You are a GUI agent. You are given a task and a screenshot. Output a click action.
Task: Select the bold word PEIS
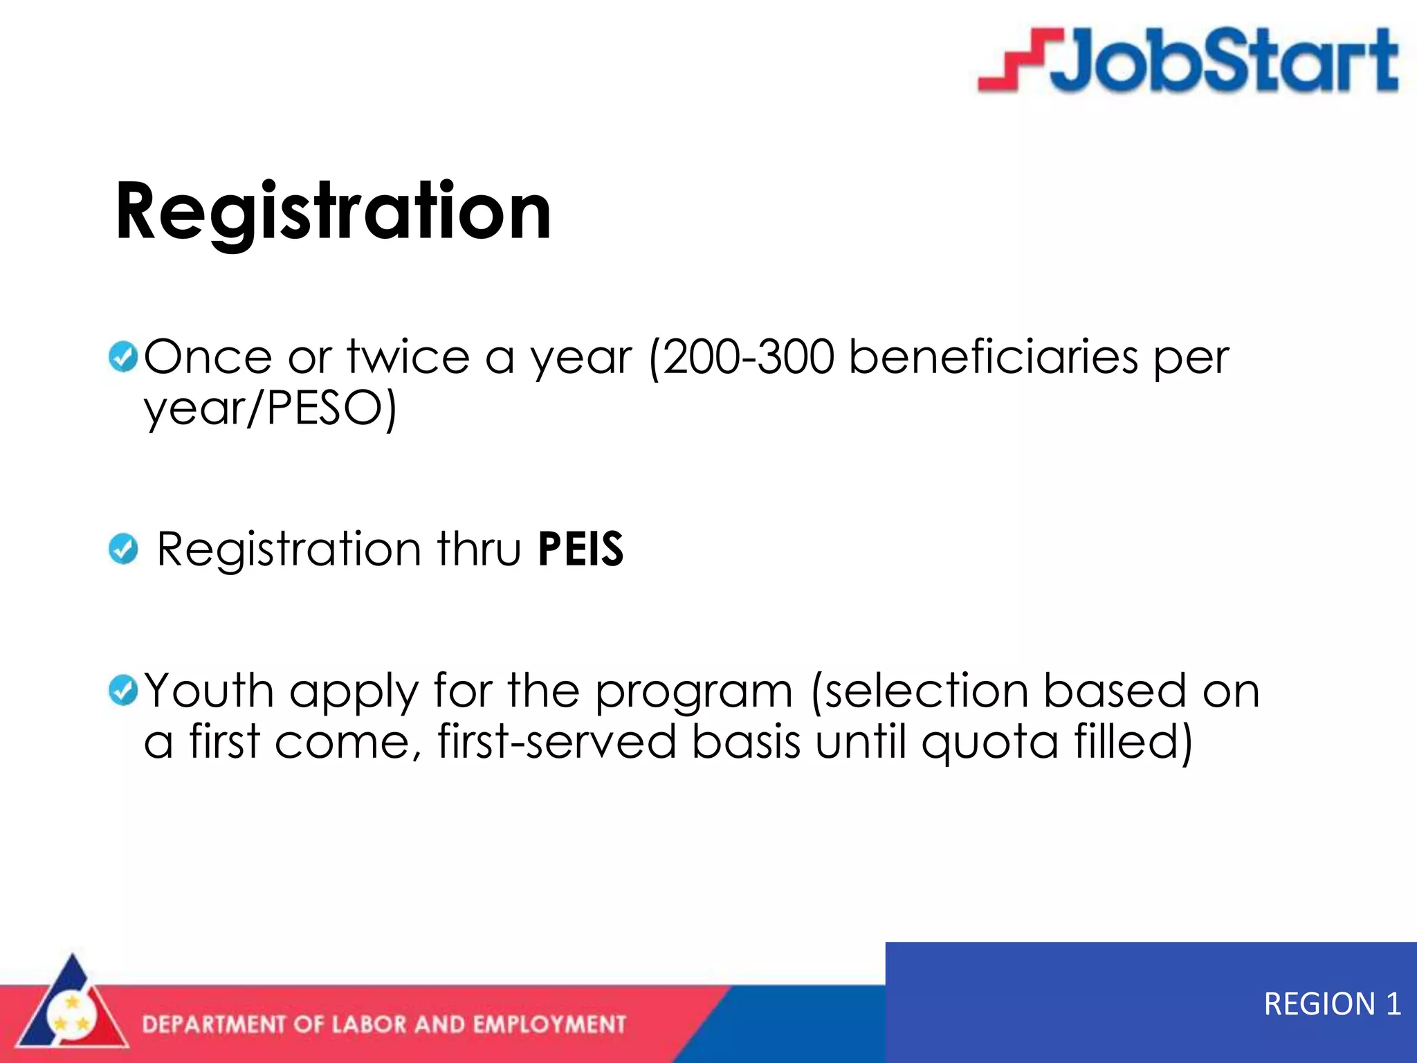click(580, 549)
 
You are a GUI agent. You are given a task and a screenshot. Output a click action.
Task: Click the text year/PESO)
click(270, 408)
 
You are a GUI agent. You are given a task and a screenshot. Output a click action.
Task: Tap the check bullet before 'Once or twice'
click(123, 357)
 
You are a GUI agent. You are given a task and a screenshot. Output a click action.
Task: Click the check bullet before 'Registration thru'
click(123, 549)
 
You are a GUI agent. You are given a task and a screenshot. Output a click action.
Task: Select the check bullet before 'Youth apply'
click(123, 690)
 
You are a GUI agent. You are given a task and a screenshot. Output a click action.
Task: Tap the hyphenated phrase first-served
click(556, 742)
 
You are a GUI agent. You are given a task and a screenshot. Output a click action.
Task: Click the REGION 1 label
click(1332, 1003)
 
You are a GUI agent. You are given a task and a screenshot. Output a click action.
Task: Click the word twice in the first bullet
click(408, 358)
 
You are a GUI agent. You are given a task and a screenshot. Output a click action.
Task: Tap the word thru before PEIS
click(479, 549)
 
